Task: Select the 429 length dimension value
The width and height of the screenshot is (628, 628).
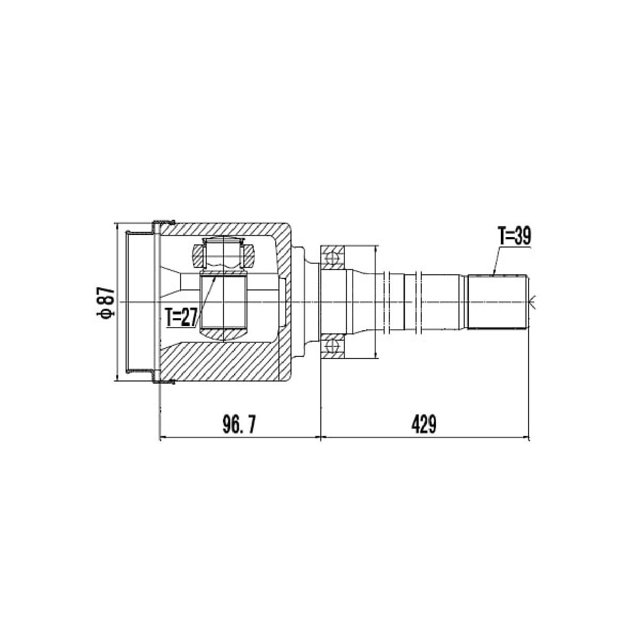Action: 423,424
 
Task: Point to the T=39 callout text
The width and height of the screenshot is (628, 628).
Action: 513,236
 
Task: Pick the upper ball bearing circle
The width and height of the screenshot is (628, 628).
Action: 332,259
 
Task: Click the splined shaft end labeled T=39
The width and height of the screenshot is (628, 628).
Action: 497,302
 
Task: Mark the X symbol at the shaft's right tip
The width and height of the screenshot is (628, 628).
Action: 533,302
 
